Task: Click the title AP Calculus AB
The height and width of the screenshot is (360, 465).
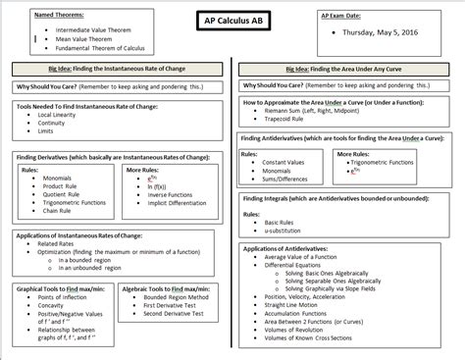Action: tap(232, 22)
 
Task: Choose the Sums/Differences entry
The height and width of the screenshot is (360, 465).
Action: tap(290, 179)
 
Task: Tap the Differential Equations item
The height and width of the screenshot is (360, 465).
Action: tap(305, 265)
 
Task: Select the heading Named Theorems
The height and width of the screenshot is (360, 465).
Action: tap(58, 18)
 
